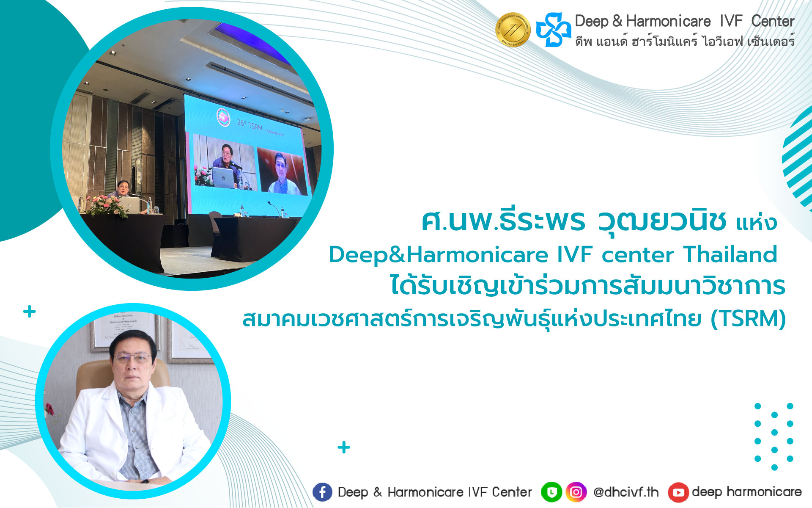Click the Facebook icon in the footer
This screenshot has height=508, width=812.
pos(322,492)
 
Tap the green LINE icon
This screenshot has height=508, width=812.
pos(551,492)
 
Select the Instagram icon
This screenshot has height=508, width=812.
pos(576,492)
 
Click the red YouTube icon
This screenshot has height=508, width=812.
pos(678,492)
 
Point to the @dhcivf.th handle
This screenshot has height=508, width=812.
pos(626,492)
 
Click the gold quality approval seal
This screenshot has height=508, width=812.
pos(513,30)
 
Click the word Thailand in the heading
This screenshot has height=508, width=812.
pos(730,254)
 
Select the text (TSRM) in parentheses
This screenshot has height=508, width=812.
pos(748,319)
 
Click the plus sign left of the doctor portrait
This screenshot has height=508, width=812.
pos(29,312)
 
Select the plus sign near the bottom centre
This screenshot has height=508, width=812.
pos(344,447)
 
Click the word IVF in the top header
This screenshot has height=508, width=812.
pos(731,21)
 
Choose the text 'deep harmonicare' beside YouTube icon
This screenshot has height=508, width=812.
pos(747,492)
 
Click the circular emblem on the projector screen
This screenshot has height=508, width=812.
pos(223,117)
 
